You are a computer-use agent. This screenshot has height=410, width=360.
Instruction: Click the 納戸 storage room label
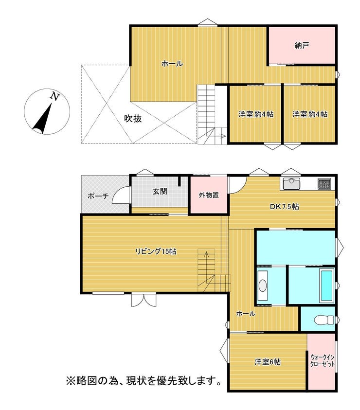pos(302,46)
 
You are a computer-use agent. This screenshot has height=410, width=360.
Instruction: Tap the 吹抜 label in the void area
pos(133,119)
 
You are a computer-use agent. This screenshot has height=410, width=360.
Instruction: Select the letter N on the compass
pos(54,96)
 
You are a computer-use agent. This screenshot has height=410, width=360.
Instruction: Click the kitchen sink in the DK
pos(291,183)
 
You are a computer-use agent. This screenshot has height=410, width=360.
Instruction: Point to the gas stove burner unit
pos(324,183)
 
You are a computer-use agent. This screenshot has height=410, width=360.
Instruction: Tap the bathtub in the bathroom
pos(326,285)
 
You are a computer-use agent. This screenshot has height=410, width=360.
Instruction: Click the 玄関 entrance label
pos(160,192)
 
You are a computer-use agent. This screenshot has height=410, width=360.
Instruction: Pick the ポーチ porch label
pos(98,196)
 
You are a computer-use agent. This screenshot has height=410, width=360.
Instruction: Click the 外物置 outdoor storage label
pos(209,195)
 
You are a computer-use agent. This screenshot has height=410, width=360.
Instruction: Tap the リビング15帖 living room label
pos(156,251)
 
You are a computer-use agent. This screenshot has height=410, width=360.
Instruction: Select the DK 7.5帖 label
pos(285,207)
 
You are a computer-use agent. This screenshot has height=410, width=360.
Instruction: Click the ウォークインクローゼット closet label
pos(322,360)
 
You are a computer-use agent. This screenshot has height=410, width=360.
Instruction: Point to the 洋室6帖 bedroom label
pos(268,362)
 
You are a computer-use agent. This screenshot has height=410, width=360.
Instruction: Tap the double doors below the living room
pos(144,300)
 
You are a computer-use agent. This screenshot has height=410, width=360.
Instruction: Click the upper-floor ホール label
pos(172,64)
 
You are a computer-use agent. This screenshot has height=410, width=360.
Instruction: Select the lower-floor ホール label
pos(246,314)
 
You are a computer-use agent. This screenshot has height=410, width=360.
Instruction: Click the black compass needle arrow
pos(43,118)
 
